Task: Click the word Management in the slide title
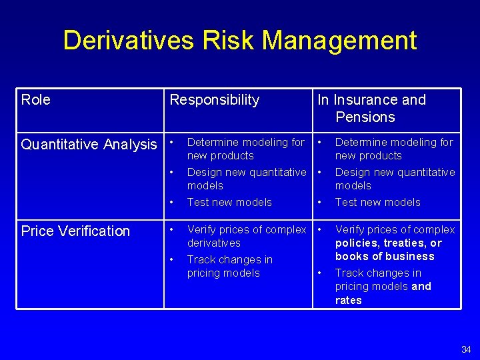pos(339,41)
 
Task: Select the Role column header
pos(36,100)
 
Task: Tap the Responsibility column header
pos(214,100)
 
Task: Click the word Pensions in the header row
pos(365,117)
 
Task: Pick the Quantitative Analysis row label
pos(89,145)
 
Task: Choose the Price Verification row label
pos(75,231)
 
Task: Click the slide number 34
pos(466,349)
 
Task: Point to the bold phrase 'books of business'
pos(385,257)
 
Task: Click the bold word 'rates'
pos(348,301)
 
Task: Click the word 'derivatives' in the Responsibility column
pos(214,243)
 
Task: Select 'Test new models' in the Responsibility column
pos(229,203)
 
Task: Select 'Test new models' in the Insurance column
pos(377,203)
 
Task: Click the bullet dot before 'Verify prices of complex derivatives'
pos(173,229)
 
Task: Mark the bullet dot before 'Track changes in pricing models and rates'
pos(320,273)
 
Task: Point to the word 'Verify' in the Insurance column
pos(351,230)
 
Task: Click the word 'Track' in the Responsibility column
pos(201,260)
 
